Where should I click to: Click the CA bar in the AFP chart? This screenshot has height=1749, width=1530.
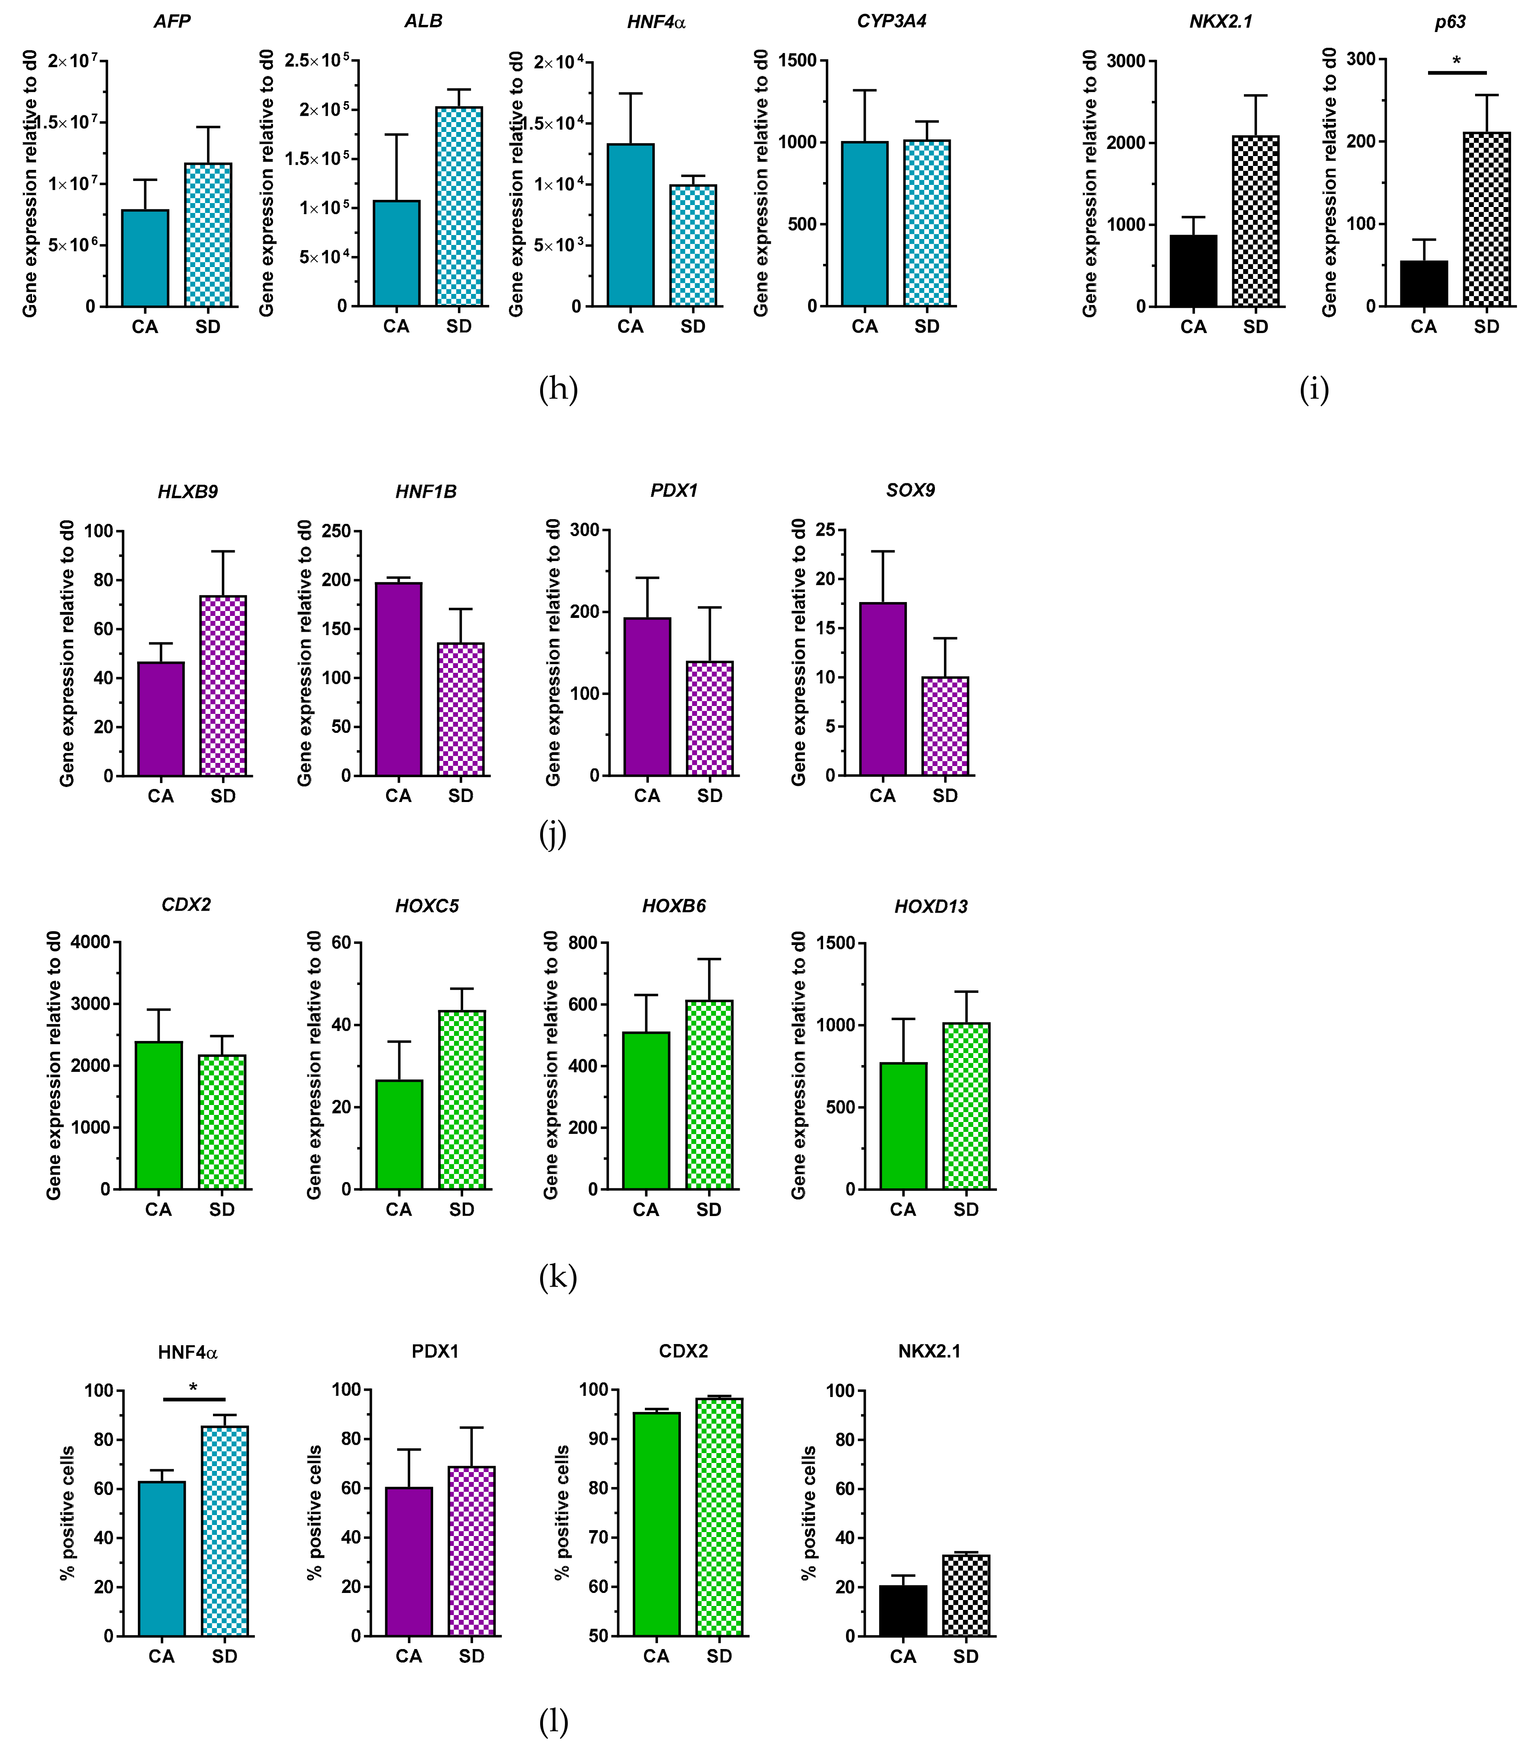pyautogui.click(x=145, y=258)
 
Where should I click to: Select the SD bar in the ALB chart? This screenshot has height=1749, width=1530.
pyautogui.click(x=458, y=207)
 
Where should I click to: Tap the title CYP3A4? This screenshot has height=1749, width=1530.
pyautogui.click(x=891, y=21)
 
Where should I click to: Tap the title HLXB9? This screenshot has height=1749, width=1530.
pyautogui.click(x=188, y=491)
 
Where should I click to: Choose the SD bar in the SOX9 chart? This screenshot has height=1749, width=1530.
pyautogui.click(x=945, y=727)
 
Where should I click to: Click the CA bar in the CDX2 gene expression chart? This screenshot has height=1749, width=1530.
pyautogui.click(x=159, y=1115)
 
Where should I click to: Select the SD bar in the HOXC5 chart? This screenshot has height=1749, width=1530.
pyautogui.click(x=462, y=1099)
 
